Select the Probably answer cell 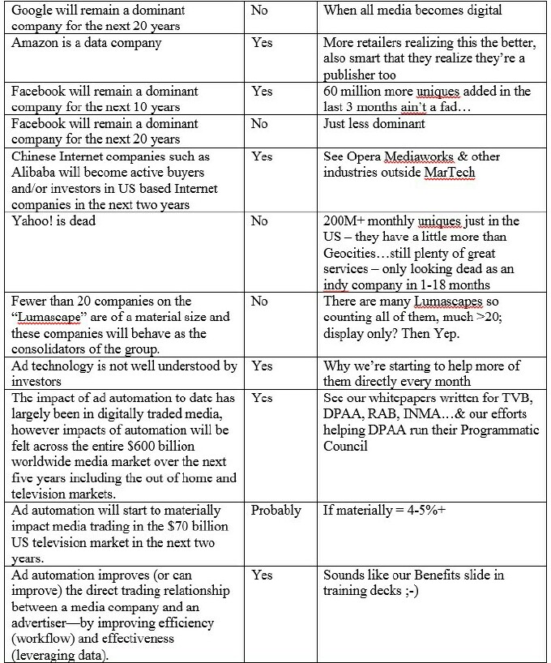point(275,511)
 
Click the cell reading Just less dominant point(374,124)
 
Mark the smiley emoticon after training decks point(405,591)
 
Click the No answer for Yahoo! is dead point(259,220)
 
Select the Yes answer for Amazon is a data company point(261,43)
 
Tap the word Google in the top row point(34,11)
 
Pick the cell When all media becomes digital point(412,11)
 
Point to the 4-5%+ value point(430,511)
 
